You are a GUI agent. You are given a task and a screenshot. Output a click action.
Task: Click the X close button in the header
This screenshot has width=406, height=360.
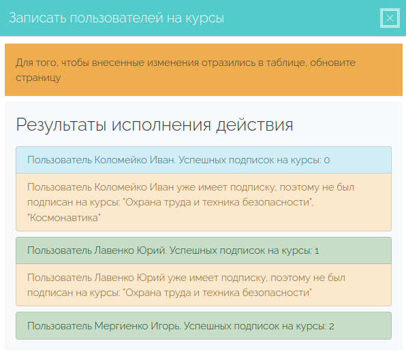click(x=390, y=18)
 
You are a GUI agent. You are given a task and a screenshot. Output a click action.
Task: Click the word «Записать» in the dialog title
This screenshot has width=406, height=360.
click(x=37, y=18)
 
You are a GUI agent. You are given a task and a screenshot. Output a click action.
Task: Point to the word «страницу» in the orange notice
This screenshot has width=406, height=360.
click(x=38, y=78)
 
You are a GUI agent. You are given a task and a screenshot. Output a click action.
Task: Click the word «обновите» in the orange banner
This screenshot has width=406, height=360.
click(x=332, y=63)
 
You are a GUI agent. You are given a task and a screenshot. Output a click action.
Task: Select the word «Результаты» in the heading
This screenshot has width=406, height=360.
click(x=61, y=125)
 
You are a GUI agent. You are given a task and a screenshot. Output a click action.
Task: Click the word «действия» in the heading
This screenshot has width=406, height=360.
click(x=255, y=125)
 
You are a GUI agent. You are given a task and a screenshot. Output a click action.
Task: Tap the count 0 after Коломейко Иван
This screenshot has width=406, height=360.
click(x=327, y=161)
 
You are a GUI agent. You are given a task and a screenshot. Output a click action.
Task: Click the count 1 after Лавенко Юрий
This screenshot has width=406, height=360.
click(x=317, y=251)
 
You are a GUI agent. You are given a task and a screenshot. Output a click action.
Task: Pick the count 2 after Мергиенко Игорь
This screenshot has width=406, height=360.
click(x=332, y=327)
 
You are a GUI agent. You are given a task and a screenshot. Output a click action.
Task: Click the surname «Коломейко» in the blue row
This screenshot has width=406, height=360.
click(x=121, y=160)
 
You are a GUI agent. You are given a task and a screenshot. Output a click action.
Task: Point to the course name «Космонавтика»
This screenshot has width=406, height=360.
click(x=64, y=218)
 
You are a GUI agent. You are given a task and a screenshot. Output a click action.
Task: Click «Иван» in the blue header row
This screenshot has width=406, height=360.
click(x=163, y=160)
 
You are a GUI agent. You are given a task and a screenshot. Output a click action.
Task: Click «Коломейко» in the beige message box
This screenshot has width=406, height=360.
click(x=121, y=187)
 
